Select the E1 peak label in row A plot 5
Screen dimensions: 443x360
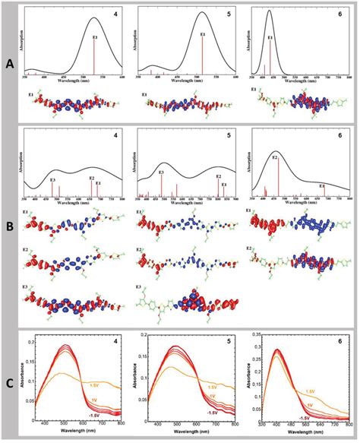(202, 35)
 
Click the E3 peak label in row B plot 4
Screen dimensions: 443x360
(52, 180)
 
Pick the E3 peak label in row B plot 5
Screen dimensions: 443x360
(161, 173)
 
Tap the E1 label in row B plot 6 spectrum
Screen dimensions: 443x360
(321, 185)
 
